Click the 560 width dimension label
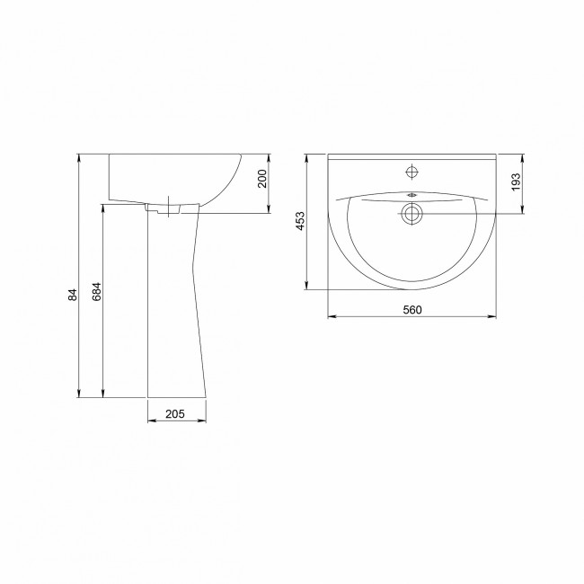(412, 309)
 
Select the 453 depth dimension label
(300, 221)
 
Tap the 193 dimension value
(516, 181)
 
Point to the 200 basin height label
(262, 179)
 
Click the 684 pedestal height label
(96, 292)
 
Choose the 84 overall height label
(73, 295)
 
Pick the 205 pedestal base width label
(175, 413)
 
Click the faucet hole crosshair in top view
(411, 172)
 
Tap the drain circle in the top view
(411, 214)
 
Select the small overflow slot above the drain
(411, 195)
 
